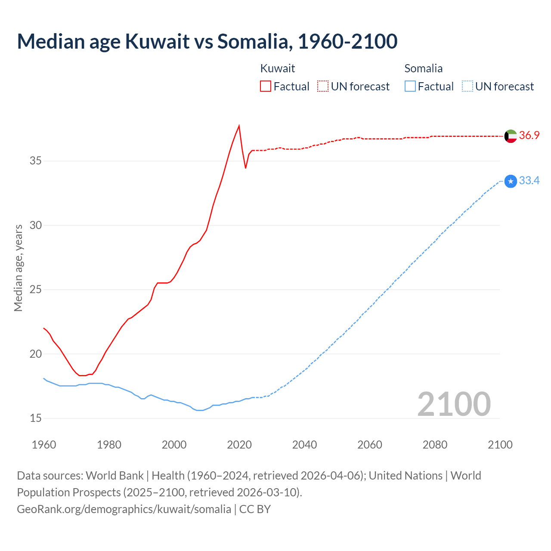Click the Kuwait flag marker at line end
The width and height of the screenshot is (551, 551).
(511, 136)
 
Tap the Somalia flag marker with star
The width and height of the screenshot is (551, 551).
(511, 181)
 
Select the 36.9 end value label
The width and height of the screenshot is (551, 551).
(529, 136)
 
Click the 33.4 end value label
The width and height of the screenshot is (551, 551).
(529, 181)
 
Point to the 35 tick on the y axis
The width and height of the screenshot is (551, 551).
(36, 161)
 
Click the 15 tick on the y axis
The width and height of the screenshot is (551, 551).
(36, 418)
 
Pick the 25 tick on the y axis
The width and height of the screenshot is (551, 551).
(36, 290)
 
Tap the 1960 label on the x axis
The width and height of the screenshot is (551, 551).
(44, 445)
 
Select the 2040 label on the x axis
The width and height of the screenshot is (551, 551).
(304, 445)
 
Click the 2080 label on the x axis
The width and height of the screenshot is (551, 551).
(435, 445)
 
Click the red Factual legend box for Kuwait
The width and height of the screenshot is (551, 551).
(266, 87)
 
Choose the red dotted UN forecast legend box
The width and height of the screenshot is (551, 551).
(323, 87)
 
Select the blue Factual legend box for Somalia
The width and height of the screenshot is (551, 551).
(410, 87)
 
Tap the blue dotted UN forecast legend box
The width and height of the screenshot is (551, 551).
(467, 87)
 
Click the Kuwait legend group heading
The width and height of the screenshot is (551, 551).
(278, 68)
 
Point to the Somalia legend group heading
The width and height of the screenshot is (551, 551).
(424, 68)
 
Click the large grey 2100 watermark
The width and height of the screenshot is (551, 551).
(454, 404)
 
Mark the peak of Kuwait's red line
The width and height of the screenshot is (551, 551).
(239, 126)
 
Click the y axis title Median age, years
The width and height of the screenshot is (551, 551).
(18, 268)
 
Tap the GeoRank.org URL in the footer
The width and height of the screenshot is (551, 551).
(124, 509)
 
